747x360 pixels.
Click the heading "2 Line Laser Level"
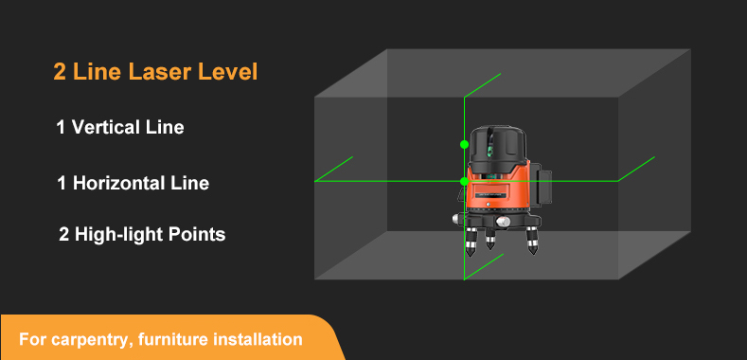click(x=155, y=72)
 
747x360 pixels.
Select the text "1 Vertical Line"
click(x=120, y=127)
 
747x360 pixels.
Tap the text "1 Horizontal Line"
click(x=133, y=183)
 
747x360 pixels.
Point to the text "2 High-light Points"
click(x=142, y=234)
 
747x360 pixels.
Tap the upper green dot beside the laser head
click(x=465, y=144)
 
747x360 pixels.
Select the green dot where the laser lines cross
click(x=465, y=181)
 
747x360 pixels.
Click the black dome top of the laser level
click(x=498, y=146)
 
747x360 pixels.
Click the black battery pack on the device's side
click(x=541, y=189)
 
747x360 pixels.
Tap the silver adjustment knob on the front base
click(x=503, y=222)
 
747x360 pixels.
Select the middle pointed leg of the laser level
click(x=490, y=238)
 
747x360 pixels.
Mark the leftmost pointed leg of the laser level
click(x=471, y=242)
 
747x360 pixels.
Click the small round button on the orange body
click(x=489, y=204)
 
